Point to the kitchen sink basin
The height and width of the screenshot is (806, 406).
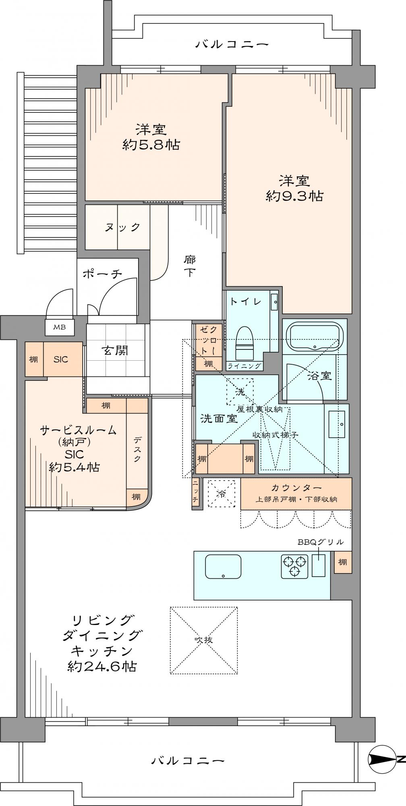click(223, 566)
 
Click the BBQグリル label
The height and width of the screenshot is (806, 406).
click(321, 541)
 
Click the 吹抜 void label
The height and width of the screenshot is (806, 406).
click(203, 640)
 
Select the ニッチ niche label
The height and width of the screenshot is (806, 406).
click(196, 492)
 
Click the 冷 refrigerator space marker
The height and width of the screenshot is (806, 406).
click(221, 494)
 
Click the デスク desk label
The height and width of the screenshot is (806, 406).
click(137, 450)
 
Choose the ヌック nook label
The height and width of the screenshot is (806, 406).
click(122, 227)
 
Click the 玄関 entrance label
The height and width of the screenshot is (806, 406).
click(114, 351)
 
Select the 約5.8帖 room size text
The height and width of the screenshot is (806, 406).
click(151, 145)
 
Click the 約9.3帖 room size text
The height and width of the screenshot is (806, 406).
click(294, 196)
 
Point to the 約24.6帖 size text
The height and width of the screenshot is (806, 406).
click(101, 666)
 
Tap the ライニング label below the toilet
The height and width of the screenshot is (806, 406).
click(244, 366)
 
